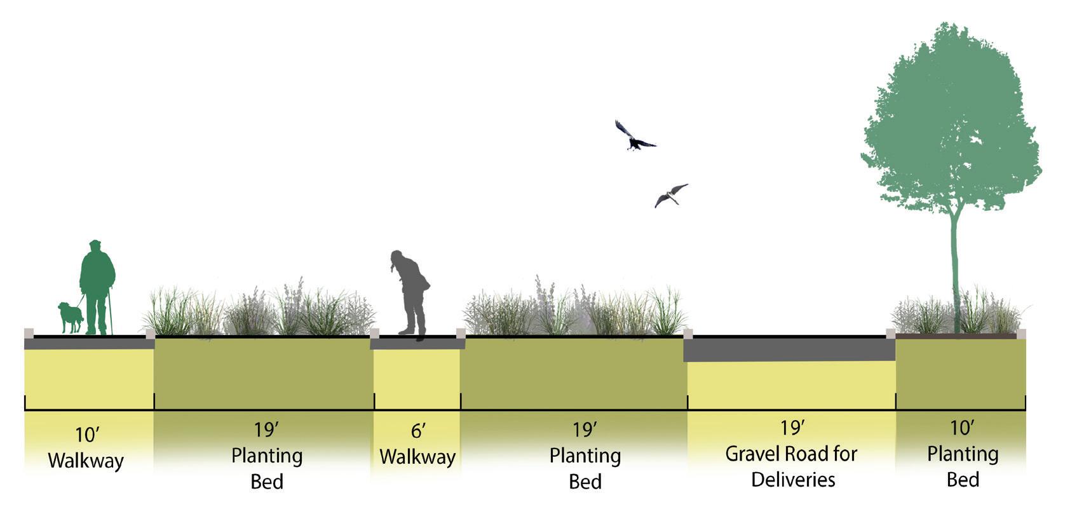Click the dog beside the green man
pyautogui.click(x=70, y=316)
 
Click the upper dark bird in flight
pyautogui.click(x=633, y=137)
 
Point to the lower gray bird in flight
pyautogui.click(x=670, y=195)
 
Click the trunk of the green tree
pyautogui.click(x=955, y=267)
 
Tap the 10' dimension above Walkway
pyautogui.click(x=87, y=435)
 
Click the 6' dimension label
pyautogui.click(x=417, y=431)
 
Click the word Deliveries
pyautogui.click(x=793, y=480)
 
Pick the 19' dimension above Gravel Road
pyautogui.click(x=792, y=428)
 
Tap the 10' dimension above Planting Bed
pyautogui.click(x=962, y=428)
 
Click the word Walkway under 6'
pyautogui.click(x=417, y=457)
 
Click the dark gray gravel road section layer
pyautogui.click(x=789, y=349)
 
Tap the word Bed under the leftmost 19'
pyautogui.click(x=267, y=482)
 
